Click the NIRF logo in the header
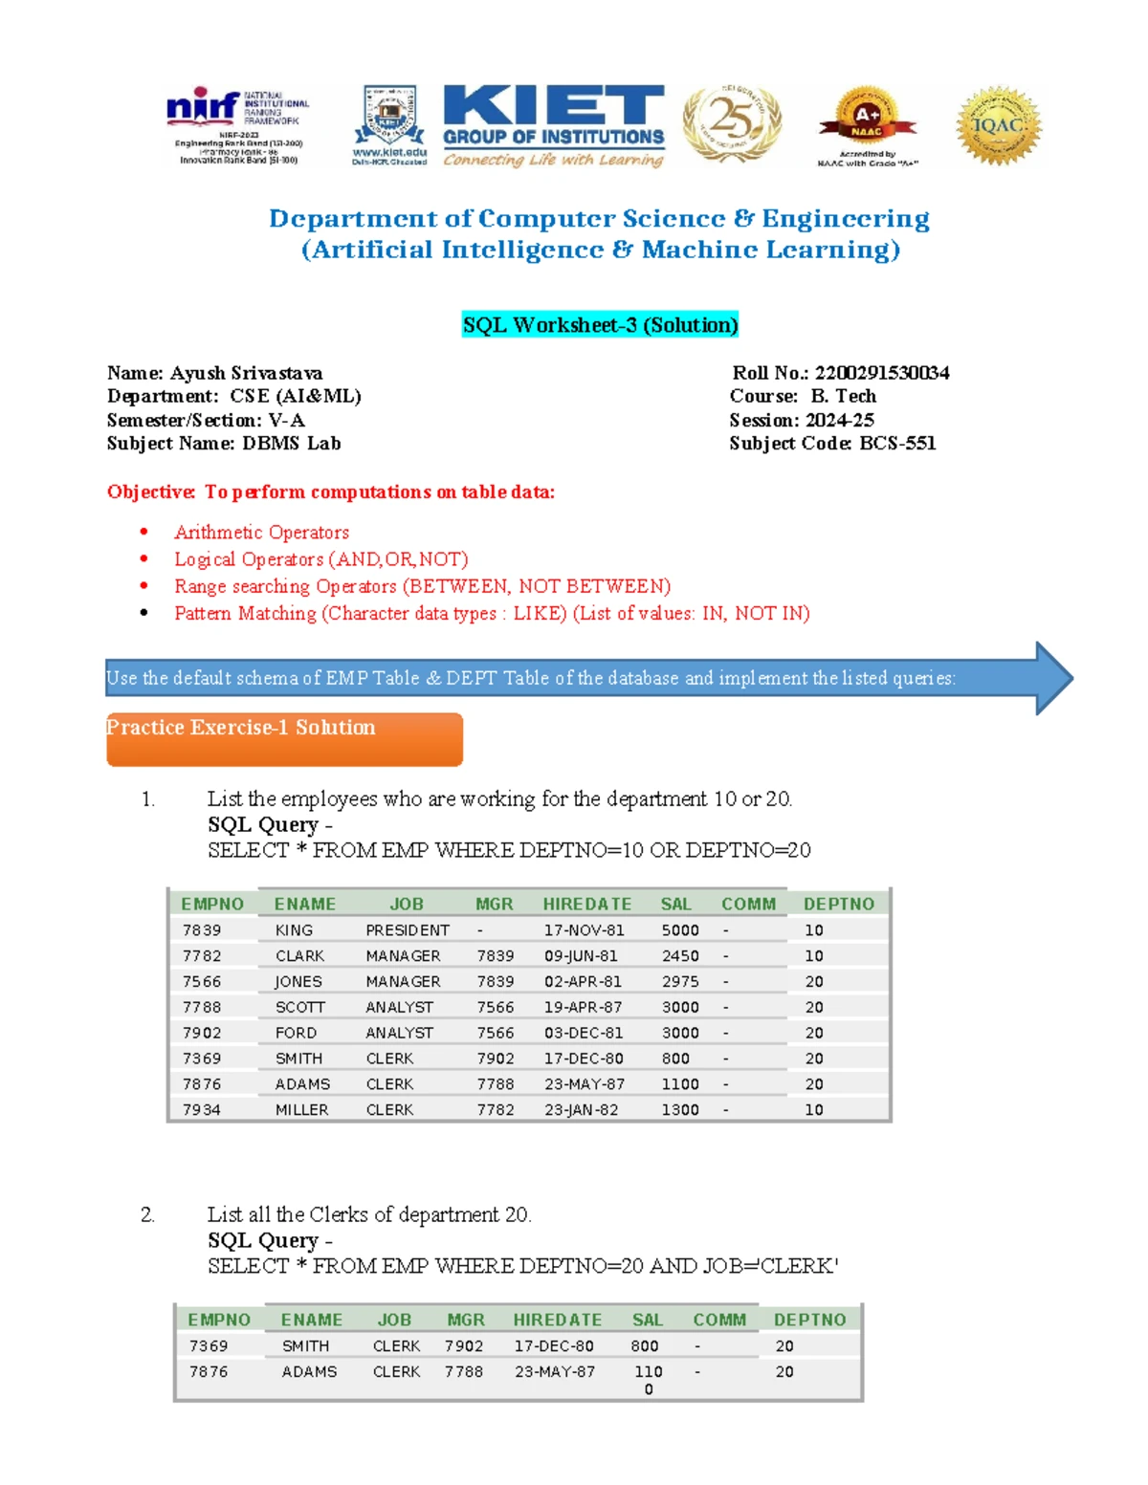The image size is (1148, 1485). coord(235,126)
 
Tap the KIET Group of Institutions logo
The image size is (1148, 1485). coord(553,124)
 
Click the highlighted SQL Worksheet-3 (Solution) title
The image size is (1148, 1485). coord(600,325)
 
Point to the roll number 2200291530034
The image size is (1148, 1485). coord(881,373)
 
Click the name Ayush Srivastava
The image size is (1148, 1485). coord(246,373)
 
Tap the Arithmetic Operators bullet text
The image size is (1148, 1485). coord(261,532)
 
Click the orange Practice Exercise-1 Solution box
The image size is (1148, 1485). coord(284,738)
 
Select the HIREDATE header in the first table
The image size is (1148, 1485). coord(586,904)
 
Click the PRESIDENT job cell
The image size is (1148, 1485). coord(408,930)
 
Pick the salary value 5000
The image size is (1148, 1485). coord(680,930)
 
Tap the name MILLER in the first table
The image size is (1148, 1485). coord(301,1109)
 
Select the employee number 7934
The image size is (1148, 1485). coord(202,1109)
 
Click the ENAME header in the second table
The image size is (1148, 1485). coord(311,1320)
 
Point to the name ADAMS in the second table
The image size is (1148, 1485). coord(309,1371)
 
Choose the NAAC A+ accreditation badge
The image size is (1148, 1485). coord(867,125)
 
